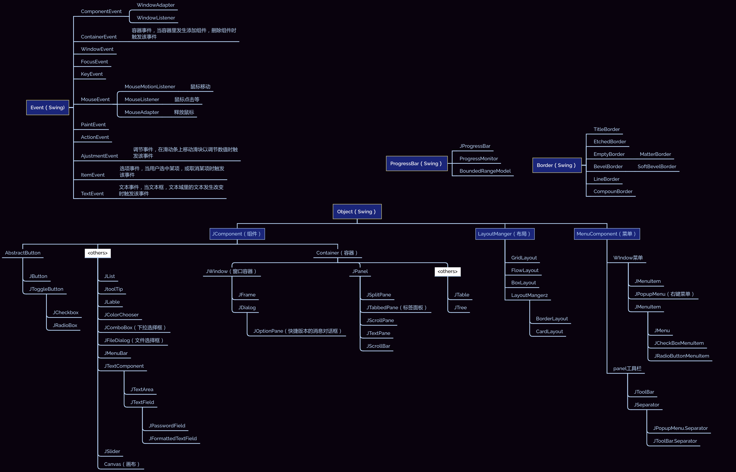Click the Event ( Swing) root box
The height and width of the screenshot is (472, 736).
[48, 108]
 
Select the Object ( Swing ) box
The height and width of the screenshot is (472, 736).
[357, 212]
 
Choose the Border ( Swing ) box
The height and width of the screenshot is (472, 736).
[557, 165]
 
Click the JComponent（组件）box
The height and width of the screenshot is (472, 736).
[237, 234]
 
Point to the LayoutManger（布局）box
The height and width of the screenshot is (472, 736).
[504, 234]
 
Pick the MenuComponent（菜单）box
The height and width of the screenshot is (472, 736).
[606, 234]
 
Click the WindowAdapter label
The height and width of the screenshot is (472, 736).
[155, 5]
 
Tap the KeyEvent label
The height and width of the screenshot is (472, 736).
[92, 74]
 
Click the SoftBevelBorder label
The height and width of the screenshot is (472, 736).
[657, 166]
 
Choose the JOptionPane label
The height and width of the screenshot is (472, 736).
[297, 331]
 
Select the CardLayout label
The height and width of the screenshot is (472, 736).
[549, 332]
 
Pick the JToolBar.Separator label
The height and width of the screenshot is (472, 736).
[675, 441]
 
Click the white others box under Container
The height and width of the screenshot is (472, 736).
[447, 272]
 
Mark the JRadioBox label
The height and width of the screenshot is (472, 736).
[65, 326]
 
